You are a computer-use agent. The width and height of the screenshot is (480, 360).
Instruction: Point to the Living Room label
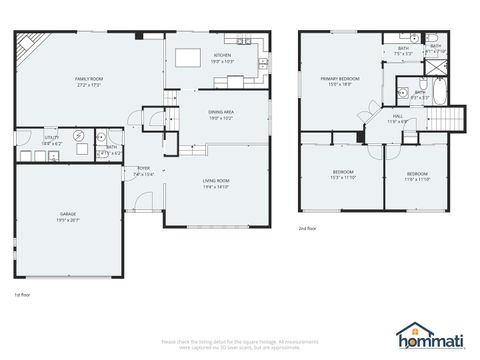[216, 181]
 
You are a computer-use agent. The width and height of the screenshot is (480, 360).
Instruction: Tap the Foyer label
[144, 169]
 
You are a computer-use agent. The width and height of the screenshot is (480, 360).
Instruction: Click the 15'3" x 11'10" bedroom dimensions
[343, 177]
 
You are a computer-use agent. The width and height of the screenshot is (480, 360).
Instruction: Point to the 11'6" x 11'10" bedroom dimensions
[417, 177]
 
